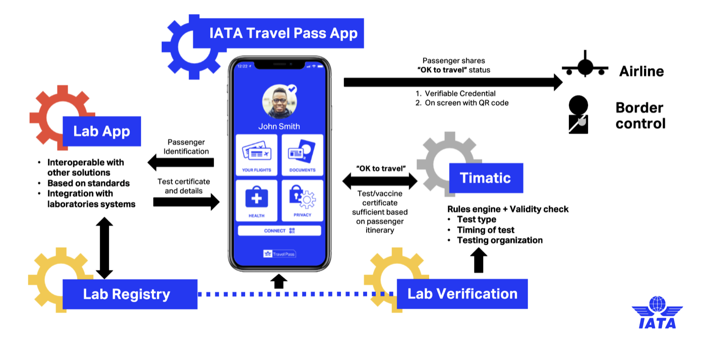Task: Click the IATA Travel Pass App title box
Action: coord(283,34)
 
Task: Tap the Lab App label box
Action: coord(101,131)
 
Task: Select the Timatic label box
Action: coord(485,178)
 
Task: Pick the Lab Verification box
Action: coord(462,294)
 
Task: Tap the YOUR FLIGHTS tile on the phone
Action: coord(257,155)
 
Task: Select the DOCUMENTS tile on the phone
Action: coord(302,155)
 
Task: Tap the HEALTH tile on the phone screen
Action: coord(257,200)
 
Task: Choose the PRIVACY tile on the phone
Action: coord(302,200)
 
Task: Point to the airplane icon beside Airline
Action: coord(585,66)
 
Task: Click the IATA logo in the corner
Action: coord(657,313)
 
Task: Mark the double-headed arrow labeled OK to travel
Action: coord(380,181)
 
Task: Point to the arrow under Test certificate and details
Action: coord(186,202)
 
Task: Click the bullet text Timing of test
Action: coord(486,230)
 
